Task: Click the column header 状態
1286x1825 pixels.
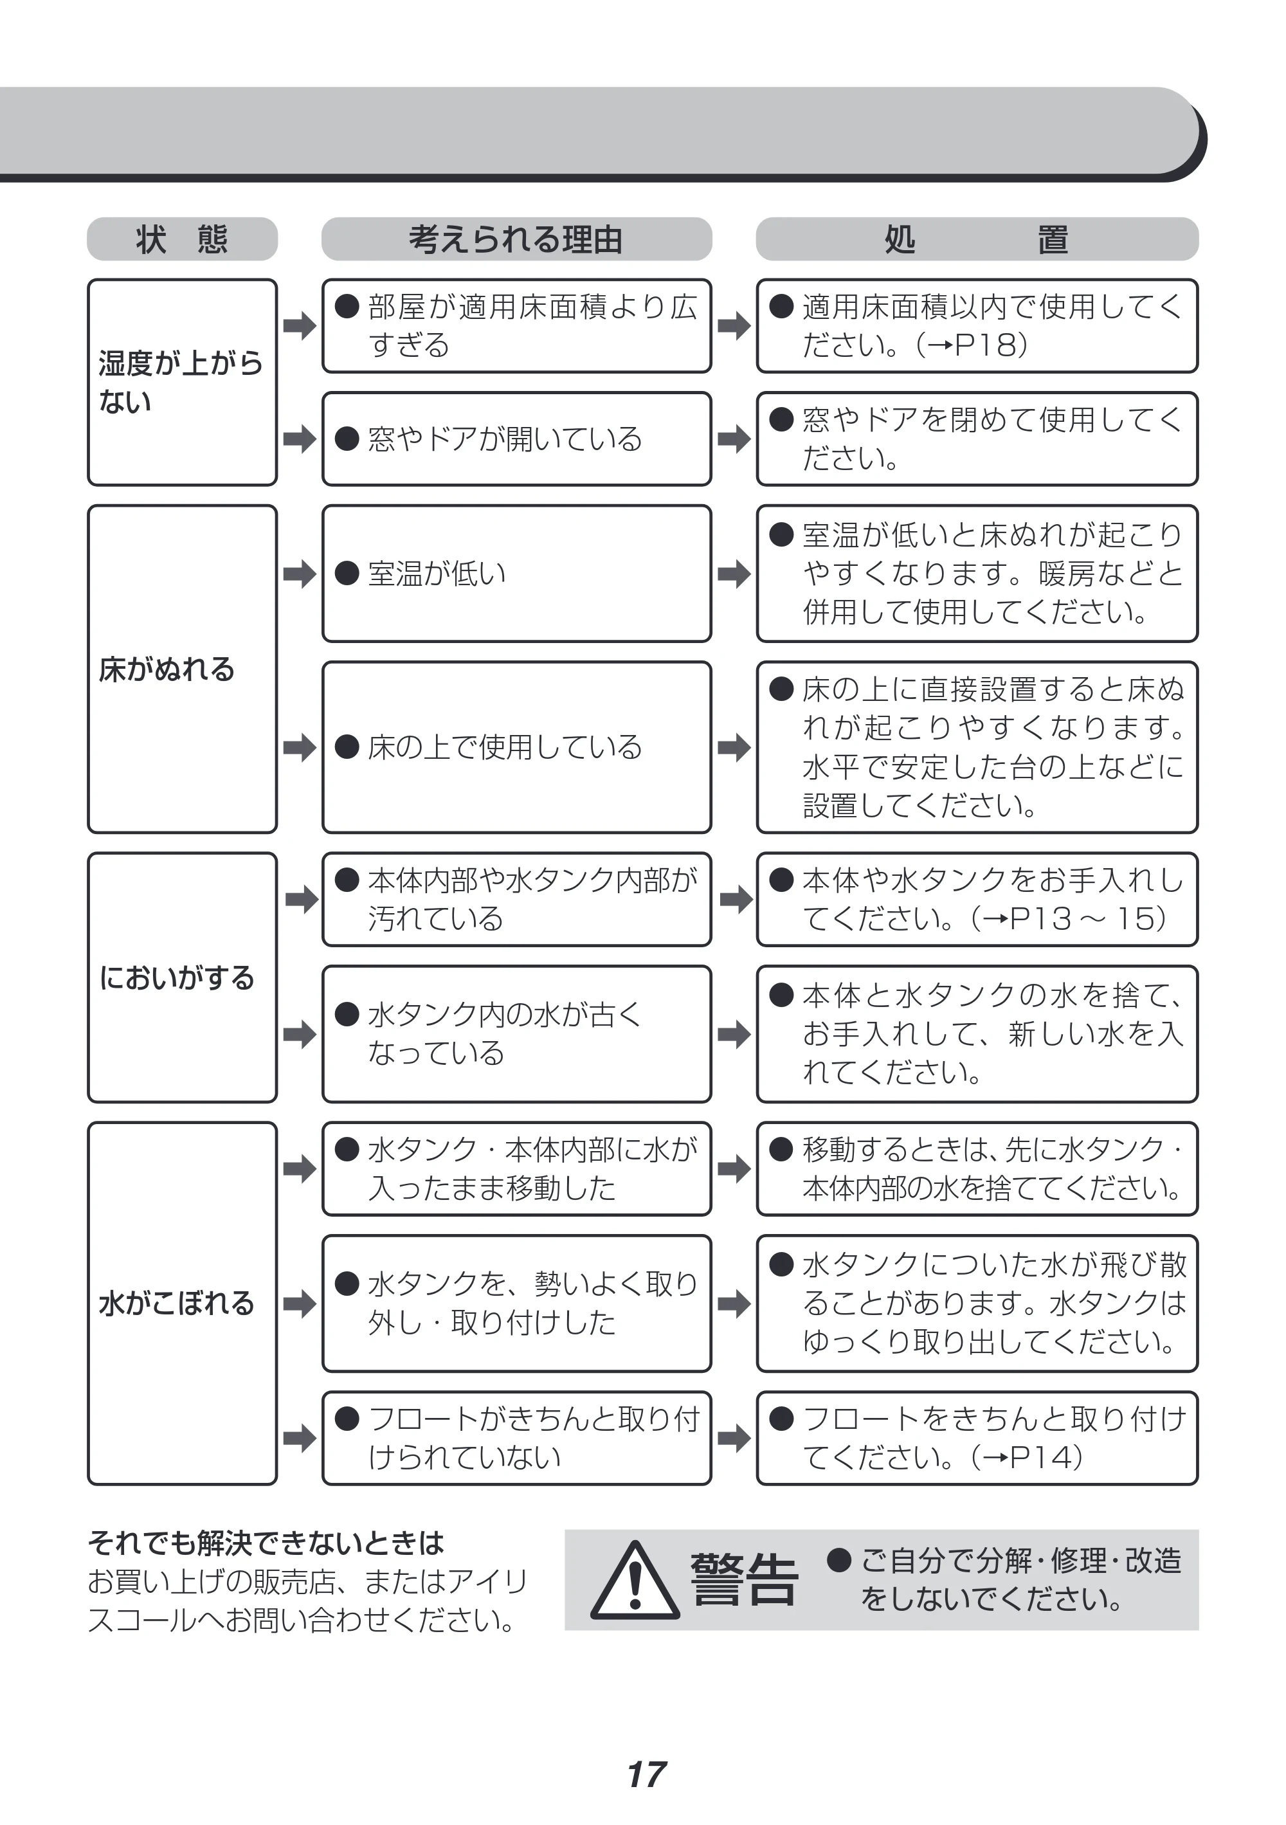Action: pyautogui.click(x=182, y=239)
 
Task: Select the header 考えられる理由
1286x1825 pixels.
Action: pyautogui.click(x=516, y=239)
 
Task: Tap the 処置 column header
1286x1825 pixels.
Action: pyautogui.click(x=977, y=239)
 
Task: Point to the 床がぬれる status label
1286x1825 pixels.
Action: pyautogui.click(x=167, y=669)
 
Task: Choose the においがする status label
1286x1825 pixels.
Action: pyautogui.click(x=176, y=977)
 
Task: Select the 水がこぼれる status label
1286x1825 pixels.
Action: pyautogui.click(x=176, y=1303)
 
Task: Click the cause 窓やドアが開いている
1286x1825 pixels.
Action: pyautogui.click(x=505, y=439)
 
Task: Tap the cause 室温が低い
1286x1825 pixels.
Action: pyautogui.click(x=437, y=573)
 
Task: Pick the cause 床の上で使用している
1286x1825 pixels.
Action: pyautogui.click(x=505, y=747)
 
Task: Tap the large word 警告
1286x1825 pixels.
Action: pyautogui.click(x=744, y=1580)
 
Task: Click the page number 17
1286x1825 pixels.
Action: pyautogui.click(x=646, y=1774)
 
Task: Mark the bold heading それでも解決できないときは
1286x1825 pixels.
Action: pyautogui.click(x=266, y=1543)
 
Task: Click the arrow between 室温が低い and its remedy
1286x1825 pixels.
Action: pyautogui.click(x=734, y=573)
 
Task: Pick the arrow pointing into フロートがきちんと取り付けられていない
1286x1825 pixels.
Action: pyautogui.click(x=300, y=1437)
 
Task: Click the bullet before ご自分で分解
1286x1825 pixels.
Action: pyautogui.click(x=839, y=1560)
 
